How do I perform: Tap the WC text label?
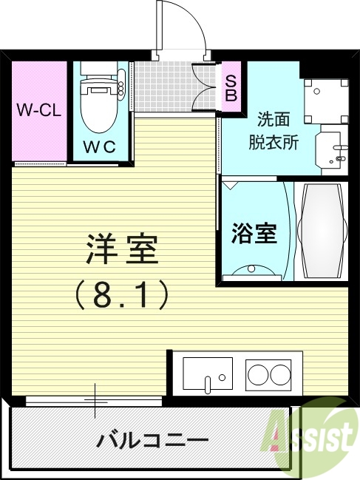99,146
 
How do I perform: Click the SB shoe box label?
231,88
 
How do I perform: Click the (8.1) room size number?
122,296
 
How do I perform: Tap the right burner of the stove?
281,375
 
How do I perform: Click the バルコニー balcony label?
152,442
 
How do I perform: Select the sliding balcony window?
95,400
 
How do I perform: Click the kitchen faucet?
209,383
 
